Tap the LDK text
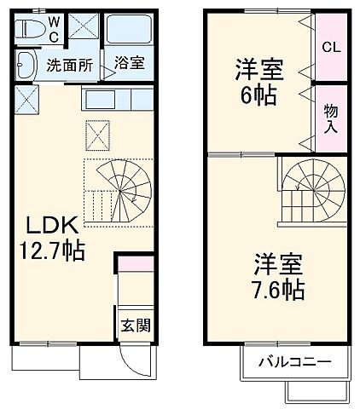[x=50, y=226]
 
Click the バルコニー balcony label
[x=295, y=361]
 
